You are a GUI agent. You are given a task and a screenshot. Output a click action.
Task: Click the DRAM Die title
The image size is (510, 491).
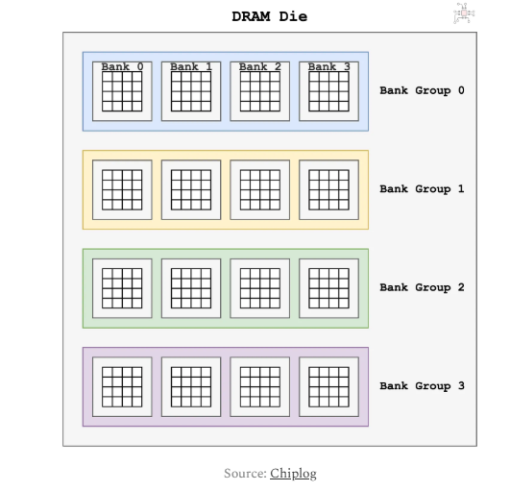(x=269, y=16)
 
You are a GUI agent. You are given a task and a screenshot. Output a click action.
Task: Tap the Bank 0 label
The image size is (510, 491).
(x=122, y=66)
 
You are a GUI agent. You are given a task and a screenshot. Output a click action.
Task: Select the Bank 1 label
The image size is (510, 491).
(x=191, y=66)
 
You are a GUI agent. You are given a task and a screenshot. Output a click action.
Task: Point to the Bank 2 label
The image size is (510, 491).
(x=260, y=66)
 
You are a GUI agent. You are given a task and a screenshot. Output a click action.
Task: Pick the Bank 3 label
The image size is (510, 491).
(x=329, y=66)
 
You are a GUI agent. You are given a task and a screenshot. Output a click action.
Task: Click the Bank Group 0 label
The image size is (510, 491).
(x=423, y=90)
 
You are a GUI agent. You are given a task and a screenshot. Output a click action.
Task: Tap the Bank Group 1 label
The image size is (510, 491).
(x=423, y=189)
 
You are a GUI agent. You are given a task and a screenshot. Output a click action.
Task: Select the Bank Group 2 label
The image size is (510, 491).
(x=423, y=287)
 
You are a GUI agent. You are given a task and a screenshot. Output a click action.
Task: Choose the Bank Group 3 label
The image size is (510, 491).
(x=423, y=386)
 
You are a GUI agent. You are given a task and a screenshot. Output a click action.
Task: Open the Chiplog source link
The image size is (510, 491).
(x=293, y=474)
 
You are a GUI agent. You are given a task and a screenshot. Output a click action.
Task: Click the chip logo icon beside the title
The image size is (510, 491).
(x=464, y=13)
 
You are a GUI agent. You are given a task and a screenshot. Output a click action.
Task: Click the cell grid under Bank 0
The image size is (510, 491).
(x=122, y=91)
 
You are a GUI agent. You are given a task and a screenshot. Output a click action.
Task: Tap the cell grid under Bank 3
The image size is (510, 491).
(x=328, y=91)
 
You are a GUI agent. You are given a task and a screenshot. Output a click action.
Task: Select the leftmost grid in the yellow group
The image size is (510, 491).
(x=122, y=190)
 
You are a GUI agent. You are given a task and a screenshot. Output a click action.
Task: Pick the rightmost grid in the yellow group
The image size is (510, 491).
(x=328, y=190)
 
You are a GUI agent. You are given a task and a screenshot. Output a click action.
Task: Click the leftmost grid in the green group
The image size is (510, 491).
(x=122, y=288)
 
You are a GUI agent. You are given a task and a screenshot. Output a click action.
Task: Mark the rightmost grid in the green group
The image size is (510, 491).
(x=328, y=288)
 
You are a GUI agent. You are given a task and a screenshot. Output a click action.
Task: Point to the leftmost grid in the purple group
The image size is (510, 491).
(x=122, y=387)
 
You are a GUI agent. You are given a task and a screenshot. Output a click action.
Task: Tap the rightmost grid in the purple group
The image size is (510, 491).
(x=328, y=387)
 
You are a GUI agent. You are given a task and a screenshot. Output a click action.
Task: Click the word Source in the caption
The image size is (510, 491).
(x=245, y=474)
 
